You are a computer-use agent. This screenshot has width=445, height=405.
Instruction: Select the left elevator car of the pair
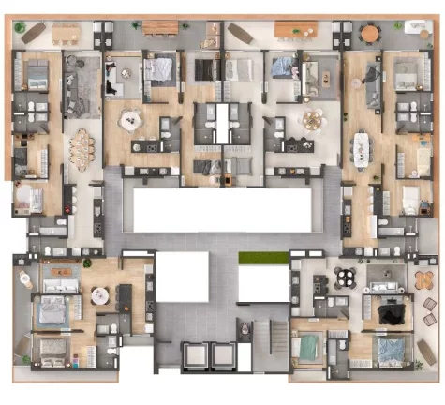[197, 354]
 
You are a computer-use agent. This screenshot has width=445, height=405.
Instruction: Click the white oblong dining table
[362, 148]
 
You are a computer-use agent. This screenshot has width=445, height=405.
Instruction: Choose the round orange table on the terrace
[372, 34]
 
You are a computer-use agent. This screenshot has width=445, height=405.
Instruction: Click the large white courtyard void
[222, 209]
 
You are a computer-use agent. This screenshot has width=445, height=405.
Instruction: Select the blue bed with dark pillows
[52, 308]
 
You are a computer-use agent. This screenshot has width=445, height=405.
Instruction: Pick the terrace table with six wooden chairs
[67, 36]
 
